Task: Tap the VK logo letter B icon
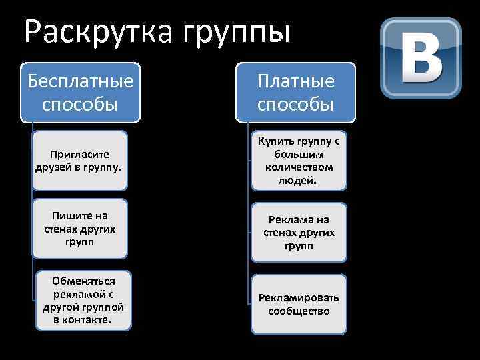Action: pyautogui.click(x=421, y=58)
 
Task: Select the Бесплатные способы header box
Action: pyautogui.click(x=81, y=93)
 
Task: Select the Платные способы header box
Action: pyautogui.click(x=295, y=93)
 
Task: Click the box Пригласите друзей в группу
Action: pyautogui.click(x=81, y=160)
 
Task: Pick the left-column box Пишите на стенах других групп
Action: pyautogui.click(x=81, y=229)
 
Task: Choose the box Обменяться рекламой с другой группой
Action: pyautogui.click(x=83, y=300)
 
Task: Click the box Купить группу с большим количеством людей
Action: pyautogui.click(x=299, y=160)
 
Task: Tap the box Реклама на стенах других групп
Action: pyautogui.click(x=299, y=233)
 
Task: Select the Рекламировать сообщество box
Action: pyautogui.click(x=299, y=304)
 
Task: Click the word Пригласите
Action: pyautogui.click(x=80, y=154)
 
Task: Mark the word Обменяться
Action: pyautogui.click(x=83, y=281)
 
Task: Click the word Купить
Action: pyautogui.click(x=275, y=141)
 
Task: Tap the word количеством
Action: pyautogui.click(x=299, y=167)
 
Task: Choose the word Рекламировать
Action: pyautogui.click(x=299, y=297)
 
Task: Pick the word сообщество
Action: pyautogui.click(x=299, y=311)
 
